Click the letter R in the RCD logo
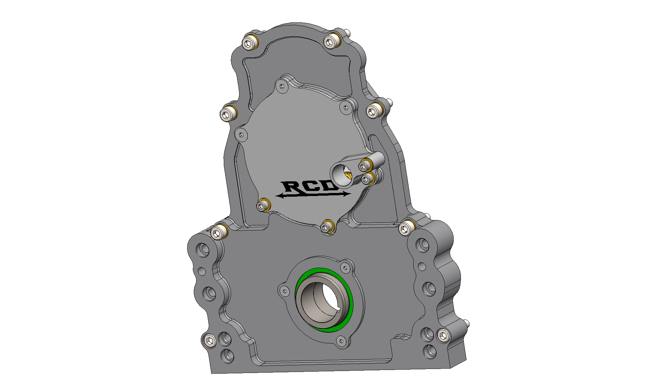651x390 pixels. click(291, 188)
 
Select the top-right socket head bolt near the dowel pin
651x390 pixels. click(330, 42)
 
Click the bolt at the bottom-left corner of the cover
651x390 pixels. click(209, 341)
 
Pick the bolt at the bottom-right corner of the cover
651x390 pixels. click(443, 336)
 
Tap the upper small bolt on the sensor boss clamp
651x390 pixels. click(364, 166)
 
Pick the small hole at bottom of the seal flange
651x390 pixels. click(341, 341)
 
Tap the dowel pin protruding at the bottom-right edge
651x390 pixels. click(468, 323)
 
